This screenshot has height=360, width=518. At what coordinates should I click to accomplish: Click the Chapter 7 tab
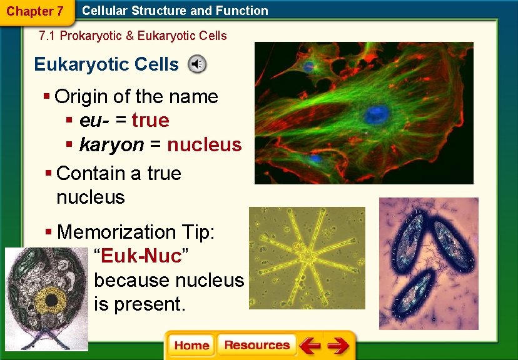coord(34,11)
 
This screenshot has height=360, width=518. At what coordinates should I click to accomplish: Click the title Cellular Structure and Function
coord(175,11)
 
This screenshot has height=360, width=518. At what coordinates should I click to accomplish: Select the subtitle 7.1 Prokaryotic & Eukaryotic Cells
coord(133,36)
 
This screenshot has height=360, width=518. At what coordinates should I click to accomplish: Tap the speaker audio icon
coord(198,64)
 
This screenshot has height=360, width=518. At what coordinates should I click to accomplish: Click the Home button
coord(191,346)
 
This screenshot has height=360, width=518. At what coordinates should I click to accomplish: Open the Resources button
coord(256,346)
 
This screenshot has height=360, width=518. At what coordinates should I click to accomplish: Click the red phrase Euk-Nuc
coord(142,256)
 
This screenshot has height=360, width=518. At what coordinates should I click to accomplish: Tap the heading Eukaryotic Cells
coord(106,64)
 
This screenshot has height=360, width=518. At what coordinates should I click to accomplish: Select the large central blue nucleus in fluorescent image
coord(377,114)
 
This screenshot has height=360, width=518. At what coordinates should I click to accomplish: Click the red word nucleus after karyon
coord(204,144)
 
